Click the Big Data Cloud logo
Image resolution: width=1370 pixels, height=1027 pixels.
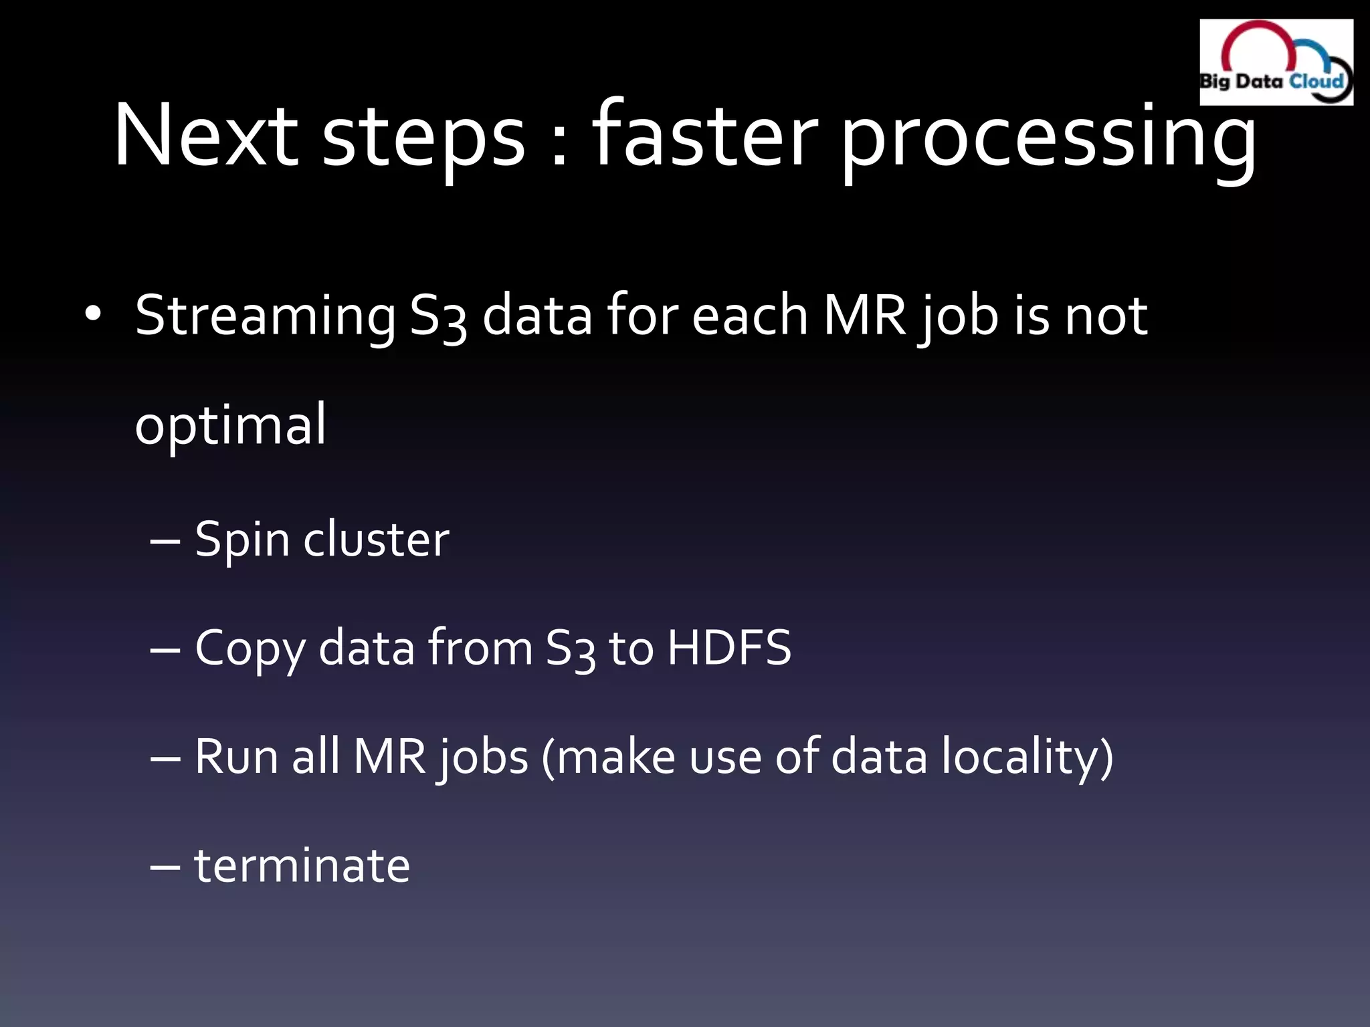click(1276, 62)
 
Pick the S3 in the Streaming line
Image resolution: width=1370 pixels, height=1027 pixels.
click(437, 317)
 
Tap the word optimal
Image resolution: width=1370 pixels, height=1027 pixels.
click(230, 425)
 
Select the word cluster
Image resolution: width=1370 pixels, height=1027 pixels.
click(376, 539)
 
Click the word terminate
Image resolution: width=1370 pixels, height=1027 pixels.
click(302, 865)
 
